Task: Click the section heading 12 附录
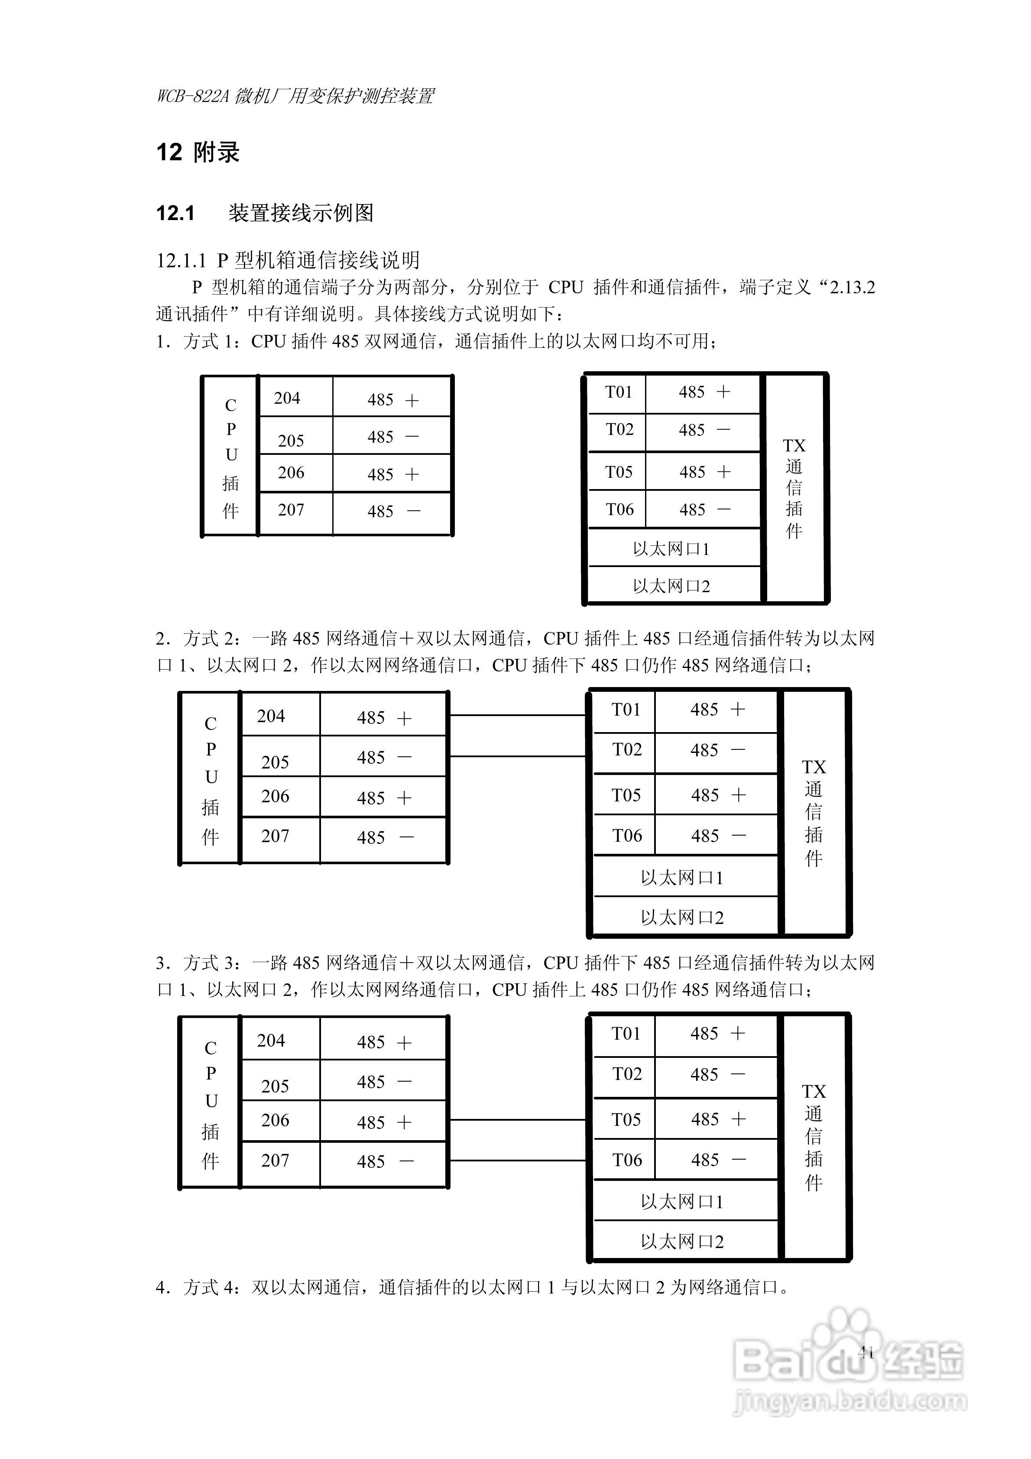[x=198, y=152]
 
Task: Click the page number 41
[x=866, y=1352]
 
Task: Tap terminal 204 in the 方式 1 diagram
[x=287, y=399]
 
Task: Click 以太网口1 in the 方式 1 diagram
[x=671, y=549]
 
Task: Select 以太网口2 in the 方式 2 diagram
[x=682, y=918]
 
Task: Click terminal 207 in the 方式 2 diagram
[x=275, y=836]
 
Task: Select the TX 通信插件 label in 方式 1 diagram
[x=794, y=487]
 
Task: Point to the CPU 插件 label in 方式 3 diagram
[x=211, y=1104]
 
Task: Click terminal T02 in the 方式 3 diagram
[x=627, y=1074]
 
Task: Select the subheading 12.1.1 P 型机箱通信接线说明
[x=288, y=260]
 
